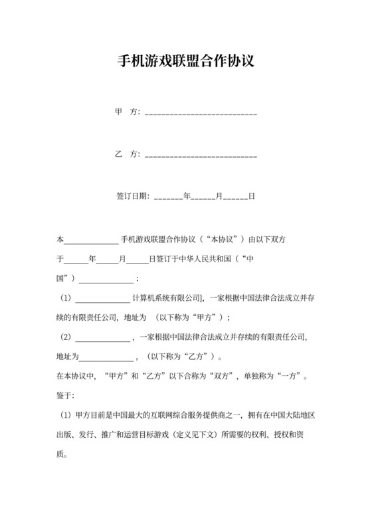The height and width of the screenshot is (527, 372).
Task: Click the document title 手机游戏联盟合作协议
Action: pyautogui.click(x=186, y=63)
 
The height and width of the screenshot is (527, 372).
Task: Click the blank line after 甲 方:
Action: pyautogui.click(x=201, y=113)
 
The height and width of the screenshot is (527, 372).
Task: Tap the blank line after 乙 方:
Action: pyautogui.click(x=201, y=155)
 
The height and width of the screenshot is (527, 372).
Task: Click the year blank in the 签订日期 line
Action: pyautogui.click(x=168, y=197)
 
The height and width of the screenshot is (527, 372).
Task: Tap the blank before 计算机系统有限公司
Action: pyautogui.click(x=102, y=299)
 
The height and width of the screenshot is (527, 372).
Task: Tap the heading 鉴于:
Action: pyautogui.click(x=65, y=395)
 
